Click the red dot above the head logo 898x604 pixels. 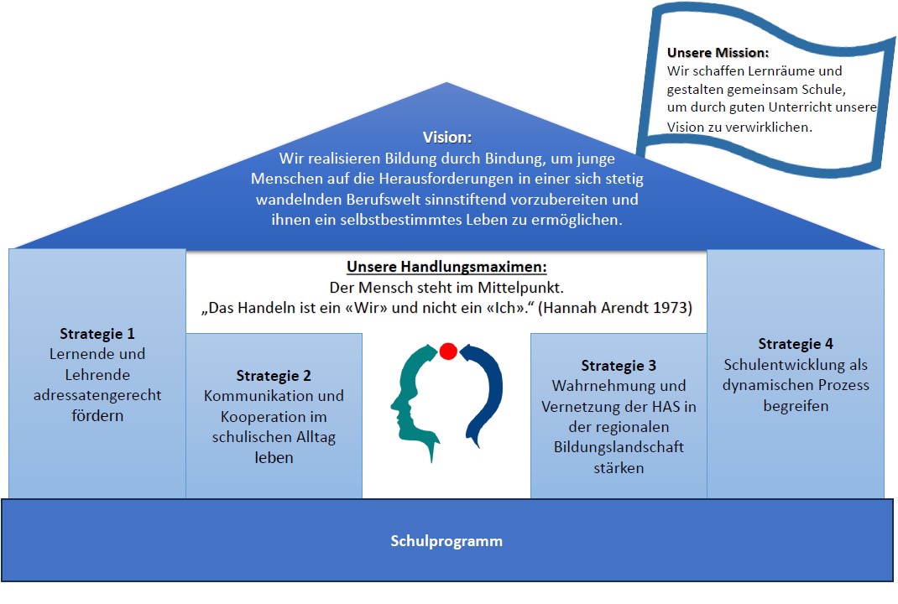tap(447, 351)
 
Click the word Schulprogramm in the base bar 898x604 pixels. tap(446, 541)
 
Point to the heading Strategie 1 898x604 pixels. tap(97, 334)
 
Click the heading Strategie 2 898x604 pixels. tap(274, 376)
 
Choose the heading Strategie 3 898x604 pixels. tap(619, 366)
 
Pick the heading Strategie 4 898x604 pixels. tap(796, 344)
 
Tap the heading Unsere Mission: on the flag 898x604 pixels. tap(718, 53)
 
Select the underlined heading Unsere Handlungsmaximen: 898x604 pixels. tap(446, 268)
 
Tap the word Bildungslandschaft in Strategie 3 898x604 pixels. tap(619, 447)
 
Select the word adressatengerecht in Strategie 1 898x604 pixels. tap(97, 395)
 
